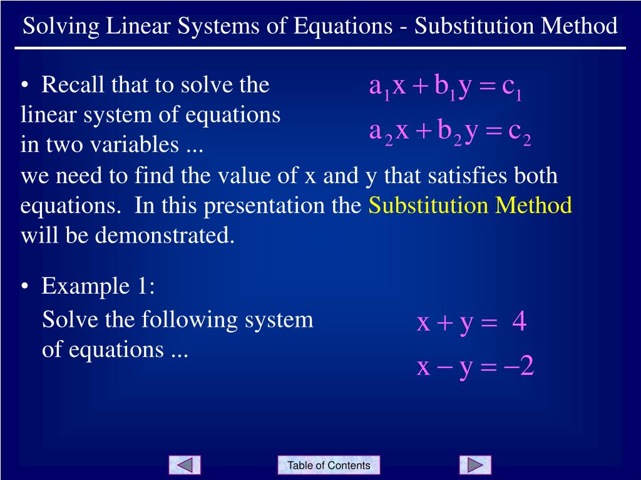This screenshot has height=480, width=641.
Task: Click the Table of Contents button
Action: point(329,465)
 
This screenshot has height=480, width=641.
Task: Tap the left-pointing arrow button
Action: point(185,465)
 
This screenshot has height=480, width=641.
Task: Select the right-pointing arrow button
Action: point(475,465)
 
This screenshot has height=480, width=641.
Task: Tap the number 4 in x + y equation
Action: point(519,323)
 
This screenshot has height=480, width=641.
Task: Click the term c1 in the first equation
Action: point(511,88)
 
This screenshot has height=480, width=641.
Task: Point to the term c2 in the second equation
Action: point(520,132)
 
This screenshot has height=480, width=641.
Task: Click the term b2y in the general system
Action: point(458,132)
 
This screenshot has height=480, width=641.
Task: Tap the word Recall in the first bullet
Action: point(74,84)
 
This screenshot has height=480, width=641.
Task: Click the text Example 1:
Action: point(98,287)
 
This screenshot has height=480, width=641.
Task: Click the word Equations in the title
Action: point(341,26)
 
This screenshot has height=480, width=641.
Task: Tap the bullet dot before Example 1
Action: point(24,287)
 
